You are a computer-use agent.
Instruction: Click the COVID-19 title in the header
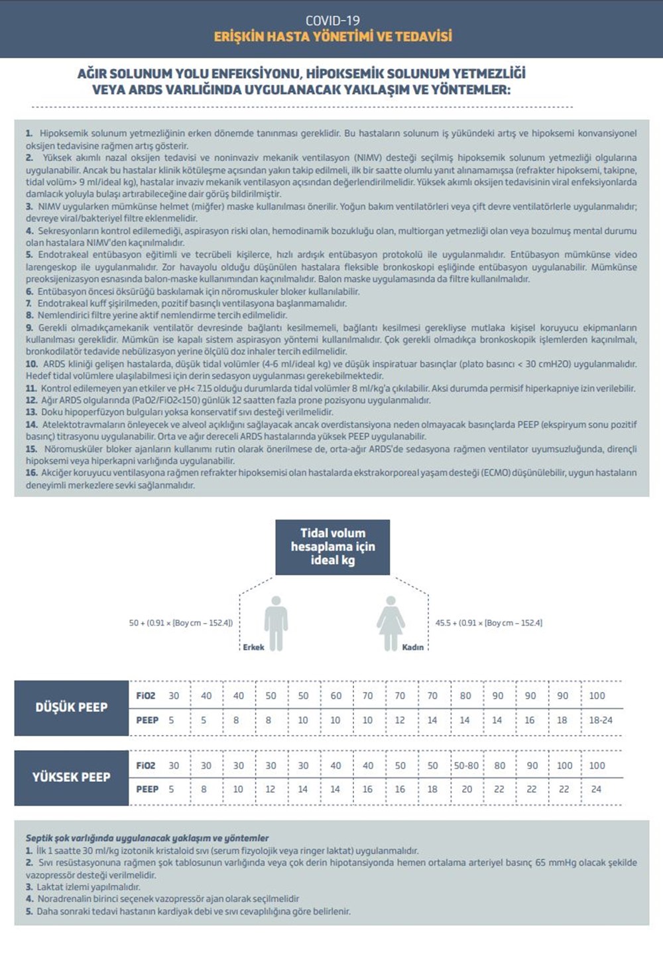pos(332,20)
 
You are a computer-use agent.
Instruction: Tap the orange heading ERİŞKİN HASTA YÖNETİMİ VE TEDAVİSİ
pos(333,36)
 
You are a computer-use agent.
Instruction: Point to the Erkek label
pos(253,647)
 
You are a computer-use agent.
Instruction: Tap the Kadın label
pos(412,647)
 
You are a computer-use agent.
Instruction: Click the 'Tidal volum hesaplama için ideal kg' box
pos(332,547)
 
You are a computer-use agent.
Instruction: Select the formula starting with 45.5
pos(489,623)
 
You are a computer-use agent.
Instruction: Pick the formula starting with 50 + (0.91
pos(180,623)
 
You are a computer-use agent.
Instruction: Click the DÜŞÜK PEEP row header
pos(72,707)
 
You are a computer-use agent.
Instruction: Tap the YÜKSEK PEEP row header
pos(72,777)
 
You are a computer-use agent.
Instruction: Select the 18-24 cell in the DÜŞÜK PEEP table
pos(601,720)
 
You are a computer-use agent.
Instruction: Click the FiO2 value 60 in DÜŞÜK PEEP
pos(336,696)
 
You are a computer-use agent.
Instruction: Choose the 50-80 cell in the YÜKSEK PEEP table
pos(466,765)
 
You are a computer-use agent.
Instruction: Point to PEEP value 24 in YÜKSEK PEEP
pos(596,789)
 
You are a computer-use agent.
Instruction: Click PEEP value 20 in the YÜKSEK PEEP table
pos(467,789)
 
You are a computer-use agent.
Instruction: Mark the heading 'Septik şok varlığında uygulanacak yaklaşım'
pos(147,838)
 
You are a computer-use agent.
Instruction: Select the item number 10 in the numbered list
pos(32,364)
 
